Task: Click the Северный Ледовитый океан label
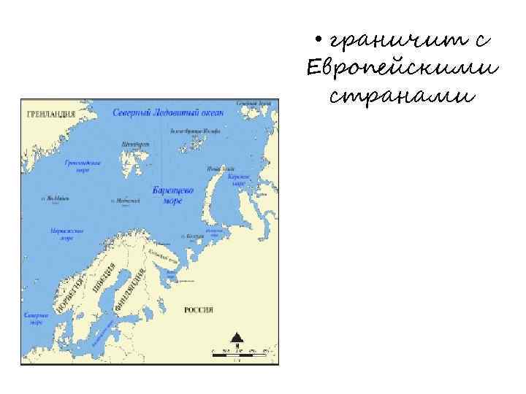(168, 113)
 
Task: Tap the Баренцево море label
(173, 194)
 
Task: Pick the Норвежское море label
(66, 233)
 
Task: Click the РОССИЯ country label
(199, 310)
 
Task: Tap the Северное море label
(36, 319)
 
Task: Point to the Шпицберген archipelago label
(136, 144)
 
